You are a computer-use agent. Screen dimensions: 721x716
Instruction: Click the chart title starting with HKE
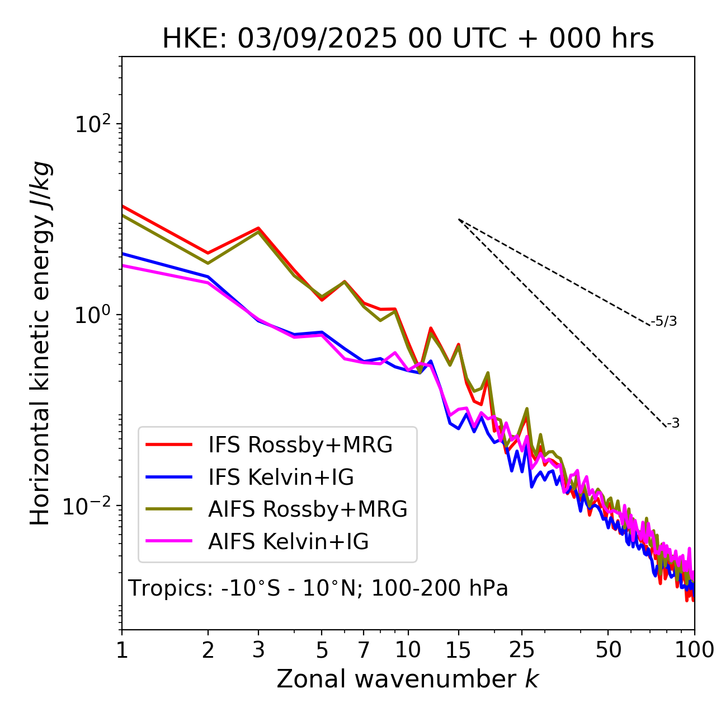pyautogui.click(x=408, y=39)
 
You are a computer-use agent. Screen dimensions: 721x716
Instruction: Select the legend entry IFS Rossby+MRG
pyautogui.click(x=300, y=445)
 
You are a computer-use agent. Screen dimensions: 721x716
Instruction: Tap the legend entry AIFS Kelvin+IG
pyautogui.click(x=288, y=542)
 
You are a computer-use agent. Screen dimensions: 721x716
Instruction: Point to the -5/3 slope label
pyautogui.click(x=664, y=321)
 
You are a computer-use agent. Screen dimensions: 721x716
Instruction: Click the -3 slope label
pyautogui.click(x=673, y=424)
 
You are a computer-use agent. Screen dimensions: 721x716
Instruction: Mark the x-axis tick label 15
pyautogui.click(x=459, y=650)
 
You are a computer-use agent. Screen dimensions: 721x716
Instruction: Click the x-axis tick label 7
pyautogui.click(x=364, y=650)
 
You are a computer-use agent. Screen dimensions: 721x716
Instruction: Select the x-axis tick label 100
pyautogui.click(x=694, y=650)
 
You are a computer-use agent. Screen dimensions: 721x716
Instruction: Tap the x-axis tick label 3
pyautogui.click(x=258, y=650)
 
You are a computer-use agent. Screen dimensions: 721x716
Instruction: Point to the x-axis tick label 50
pyautogui.click(x=608, y=650)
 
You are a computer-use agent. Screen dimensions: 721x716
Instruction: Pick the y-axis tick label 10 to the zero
pyautogui.click(x=92, y=315)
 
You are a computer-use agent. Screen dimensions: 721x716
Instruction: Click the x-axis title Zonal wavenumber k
pyautogui.click(x=408, y=680)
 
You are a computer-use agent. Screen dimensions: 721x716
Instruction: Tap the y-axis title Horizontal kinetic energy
pyautogui.click(x=40, y=343)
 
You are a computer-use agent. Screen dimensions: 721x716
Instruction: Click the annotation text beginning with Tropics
pyautogui.click(x=318, y=589)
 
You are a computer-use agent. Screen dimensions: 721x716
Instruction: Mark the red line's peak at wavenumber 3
pyautogui.click(x=258, y=228)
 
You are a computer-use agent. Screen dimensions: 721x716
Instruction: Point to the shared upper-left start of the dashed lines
pyautogui.click(x=459, y=219)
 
